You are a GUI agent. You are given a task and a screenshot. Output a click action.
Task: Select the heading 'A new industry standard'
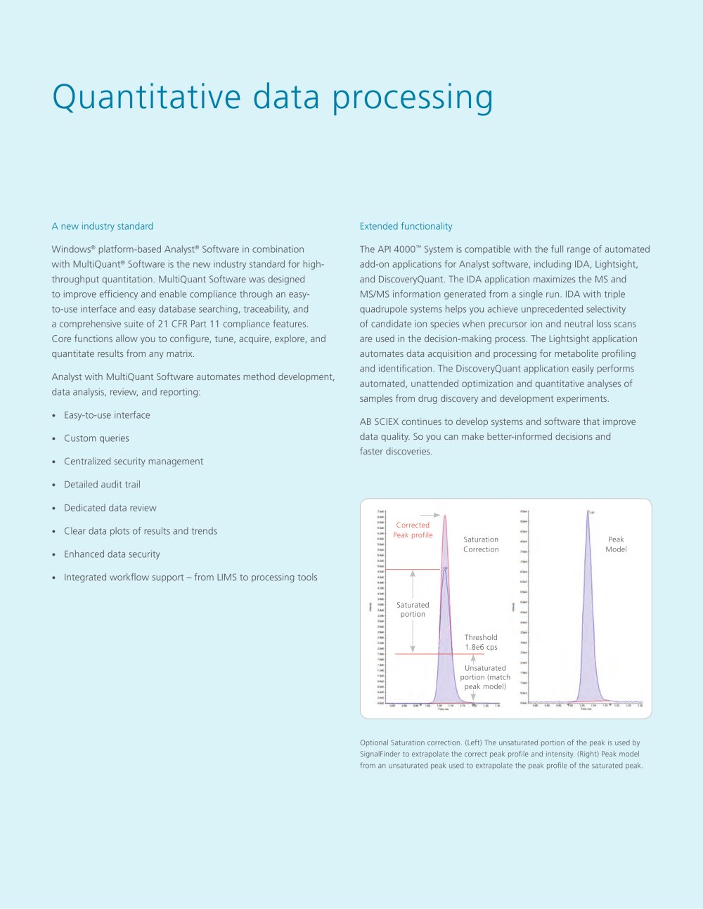point(103,226)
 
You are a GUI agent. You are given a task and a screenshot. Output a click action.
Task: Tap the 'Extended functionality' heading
point(406,226)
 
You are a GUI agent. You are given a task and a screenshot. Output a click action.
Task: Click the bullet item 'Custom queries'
point(96,438)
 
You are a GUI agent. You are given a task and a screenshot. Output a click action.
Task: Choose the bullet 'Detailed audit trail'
point(102,485)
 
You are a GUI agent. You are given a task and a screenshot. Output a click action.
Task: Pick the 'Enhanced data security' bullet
point(112,554)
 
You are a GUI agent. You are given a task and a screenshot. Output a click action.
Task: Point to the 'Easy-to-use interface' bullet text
point(107,415)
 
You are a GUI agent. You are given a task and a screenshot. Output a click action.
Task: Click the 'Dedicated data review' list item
point(110,508)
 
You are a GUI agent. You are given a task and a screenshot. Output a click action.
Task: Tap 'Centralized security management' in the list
point(134,462)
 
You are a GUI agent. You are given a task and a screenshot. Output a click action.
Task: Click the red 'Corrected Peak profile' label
point(413,530)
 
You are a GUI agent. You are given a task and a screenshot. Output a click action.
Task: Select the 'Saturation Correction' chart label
point(481,544)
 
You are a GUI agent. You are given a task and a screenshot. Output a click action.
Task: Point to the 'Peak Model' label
point(616,544)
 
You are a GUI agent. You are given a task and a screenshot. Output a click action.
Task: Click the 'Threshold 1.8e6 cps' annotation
point(481,642)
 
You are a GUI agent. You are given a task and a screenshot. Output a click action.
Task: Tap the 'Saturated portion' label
point(413,609)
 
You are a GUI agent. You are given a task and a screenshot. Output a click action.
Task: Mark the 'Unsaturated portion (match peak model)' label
point(485,677)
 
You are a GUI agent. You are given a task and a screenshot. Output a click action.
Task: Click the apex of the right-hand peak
point(588,511)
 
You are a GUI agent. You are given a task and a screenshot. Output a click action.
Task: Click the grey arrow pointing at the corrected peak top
point(430,515)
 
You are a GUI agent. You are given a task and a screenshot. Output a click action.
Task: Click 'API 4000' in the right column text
point(398,249)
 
